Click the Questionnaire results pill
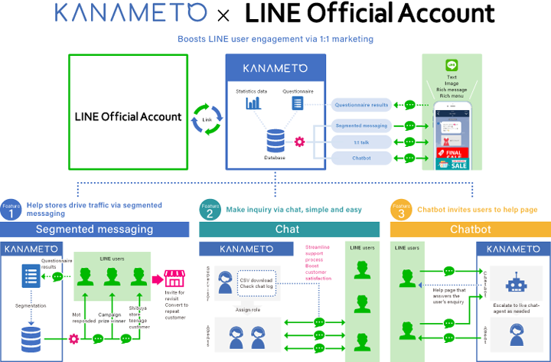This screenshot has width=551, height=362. tap(361, 105)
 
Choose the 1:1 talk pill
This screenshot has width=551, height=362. tap(361, 142)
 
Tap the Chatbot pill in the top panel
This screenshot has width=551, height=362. tap(361, 158)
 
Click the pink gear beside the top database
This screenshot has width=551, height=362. tap(300, 142)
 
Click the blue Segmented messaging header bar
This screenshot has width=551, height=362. tap(94, 229)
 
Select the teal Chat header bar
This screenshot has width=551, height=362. tap(289, 229)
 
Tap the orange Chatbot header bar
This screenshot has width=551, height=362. tap(470, 229)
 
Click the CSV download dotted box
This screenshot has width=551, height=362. tap(266, 282)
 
